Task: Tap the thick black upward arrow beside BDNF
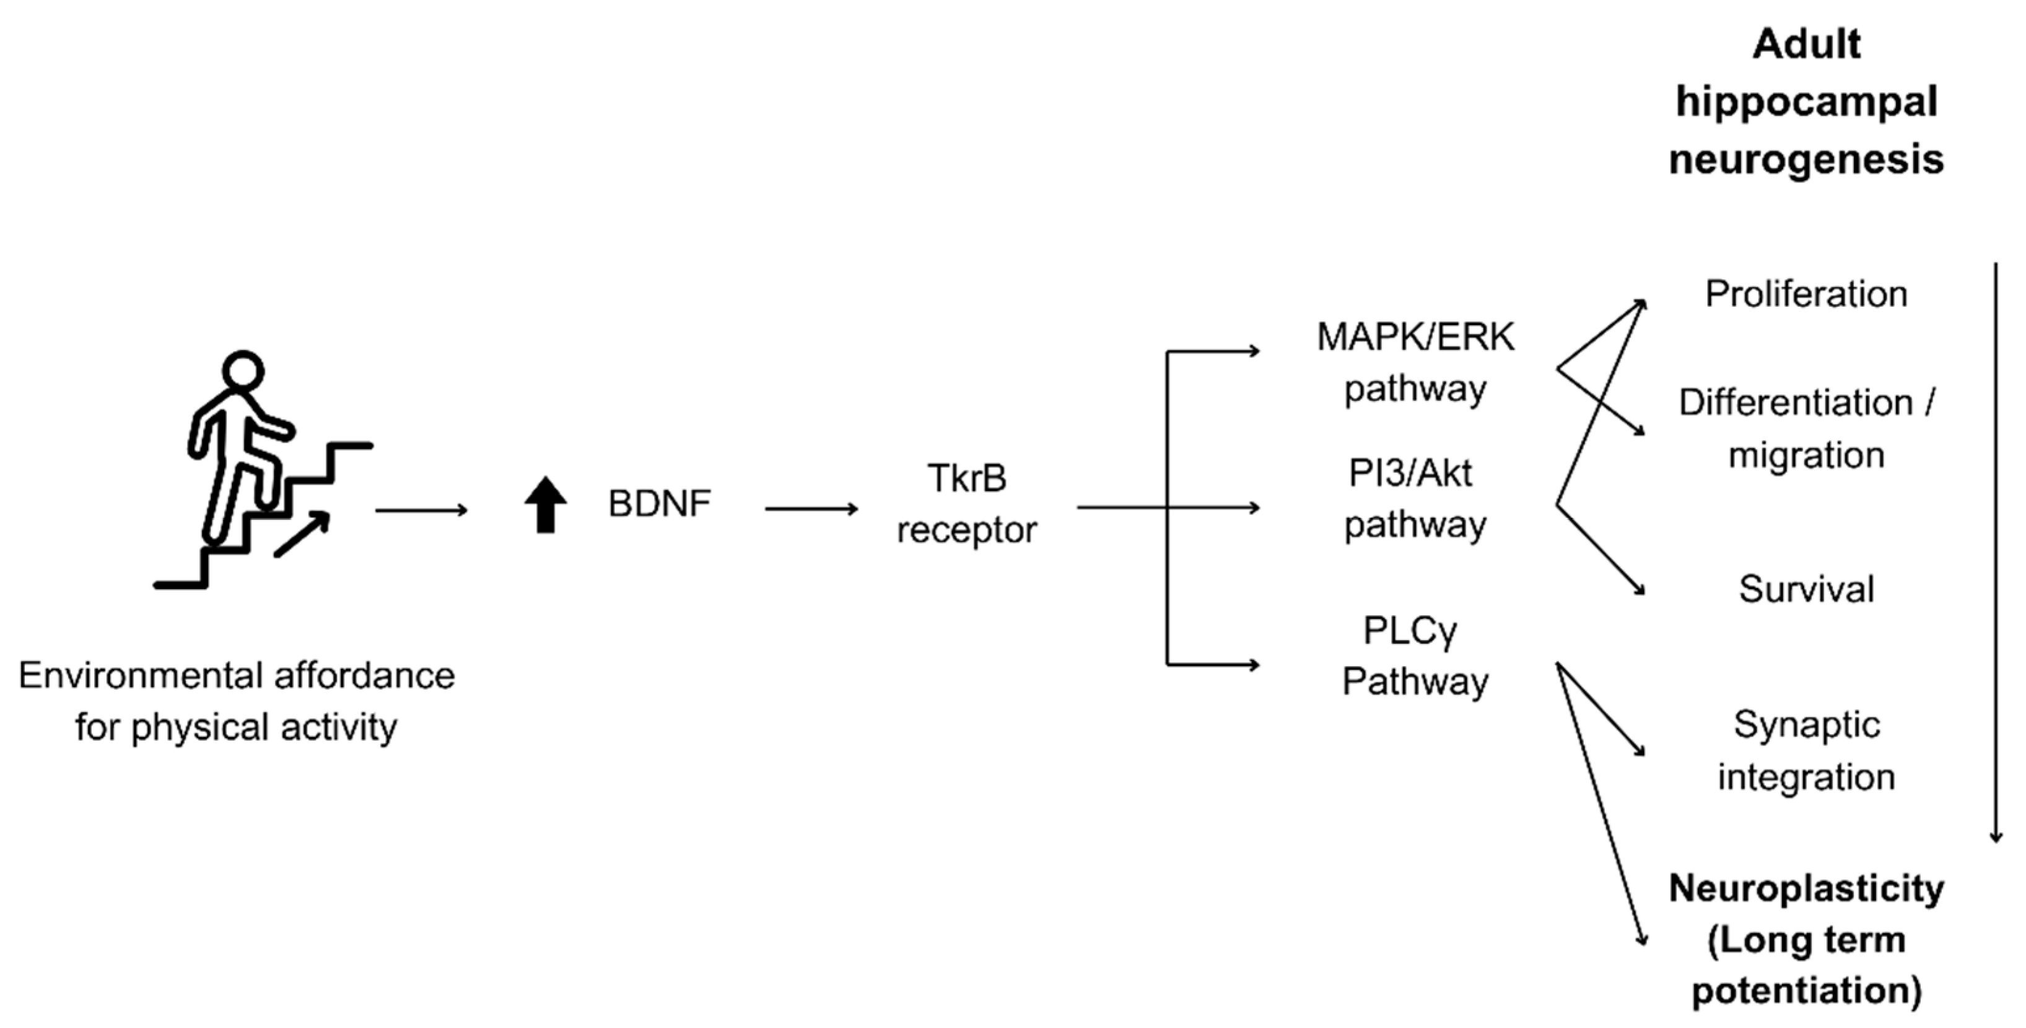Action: [546, 504]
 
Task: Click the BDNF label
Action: [659, 503]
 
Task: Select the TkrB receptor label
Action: [967, 503]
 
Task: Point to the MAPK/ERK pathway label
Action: [1415, 362]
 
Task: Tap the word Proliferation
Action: [1805, 294]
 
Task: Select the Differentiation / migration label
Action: [1805, 429]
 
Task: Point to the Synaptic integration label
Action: [1805, 750]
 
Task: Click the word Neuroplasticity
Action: [1805, 889]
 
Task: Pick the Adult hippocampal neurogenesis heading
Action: [1805, 102]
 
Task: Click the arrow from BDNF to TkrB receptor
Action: [811, 509]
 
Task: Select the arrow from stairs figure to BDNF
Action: [422, 511]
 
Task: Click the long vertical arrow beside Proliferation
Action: [1995, 551]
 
